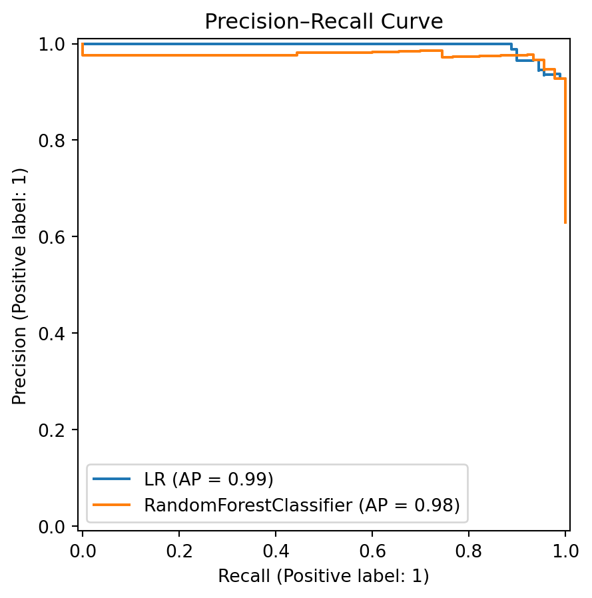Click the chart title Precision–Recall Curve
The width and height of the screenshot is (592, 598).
(324, 21)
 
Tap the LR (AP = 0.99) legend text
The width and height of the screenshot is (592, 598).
(209, 479)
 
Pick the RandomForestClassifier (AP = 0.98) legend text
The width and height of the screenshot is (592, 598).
(302, 505)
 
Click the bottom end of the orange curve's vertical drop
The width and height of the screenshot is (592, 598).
(565, 222)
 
